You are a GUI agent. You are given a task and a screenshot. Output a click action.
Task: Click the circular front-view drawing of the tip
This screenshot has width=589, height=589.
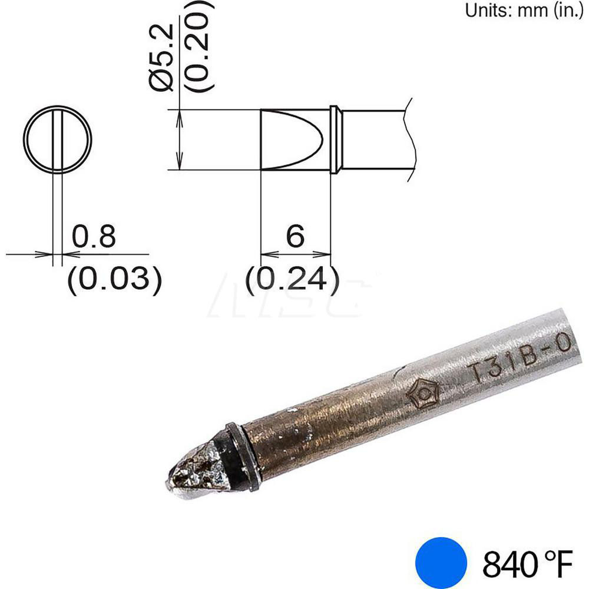coord(57,140)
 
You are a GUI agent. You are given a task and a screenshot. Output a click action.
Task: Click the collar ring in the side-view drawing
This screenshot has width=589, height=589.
coord(333,140)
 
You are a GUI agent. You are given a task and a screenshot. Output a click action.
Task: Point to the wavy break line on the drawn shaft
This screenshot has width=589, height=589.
coord(410,140)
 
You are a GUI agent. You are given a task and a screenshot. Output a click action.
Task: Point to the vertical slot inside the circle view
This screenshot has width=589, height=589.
coord(57,140)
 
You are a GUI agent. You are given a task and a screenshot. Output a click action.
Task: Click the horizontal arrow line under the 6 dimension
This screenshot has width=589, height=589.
coord(295,255)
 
